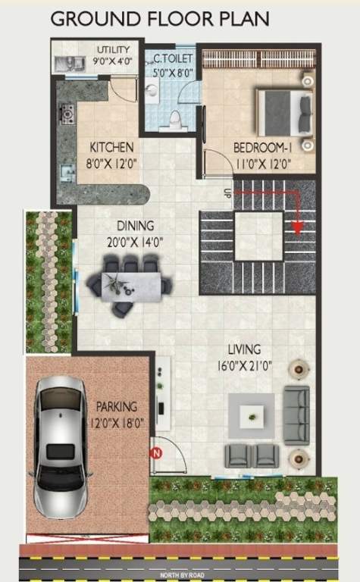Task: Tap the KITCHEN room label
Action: pos(111,147)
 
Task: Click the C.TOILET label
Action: pos(174,58)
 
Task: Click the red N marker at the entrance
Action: pos(157,453)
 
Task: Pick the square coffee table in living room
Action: pos(252,415)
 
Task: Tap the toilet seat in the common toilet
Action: pos(176,119)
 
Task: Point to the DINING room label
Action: pos(136,226)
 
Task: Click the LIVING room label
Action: pos(245,349)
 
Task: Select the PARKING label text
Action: pos(116,407)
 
